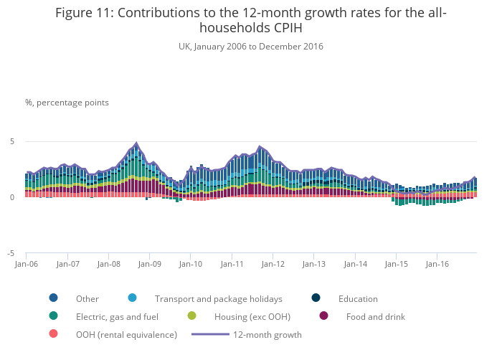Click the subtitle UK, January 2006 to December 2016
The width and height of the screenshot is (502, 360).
click(250, 47)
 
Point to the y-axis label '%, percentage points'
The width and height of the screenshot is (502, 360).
click(67, 103)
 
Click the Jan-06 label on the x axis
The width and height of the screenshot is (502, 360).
click(27, 264)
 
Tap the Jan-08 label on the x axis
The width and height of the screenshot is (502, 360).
click(108, 264)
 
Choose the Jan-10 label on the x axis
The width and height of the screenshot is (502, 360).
click(191, 264)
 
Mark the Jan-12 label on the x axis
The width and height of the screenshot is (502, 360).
click(273, 264)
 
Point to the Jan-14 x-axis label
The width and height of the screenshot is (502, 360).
click(355, 264)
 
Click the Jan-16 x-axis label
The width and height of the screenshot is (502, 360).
click(437, 264)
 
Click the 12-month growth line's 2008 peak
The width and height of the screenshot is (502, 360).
click(136, 143)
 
